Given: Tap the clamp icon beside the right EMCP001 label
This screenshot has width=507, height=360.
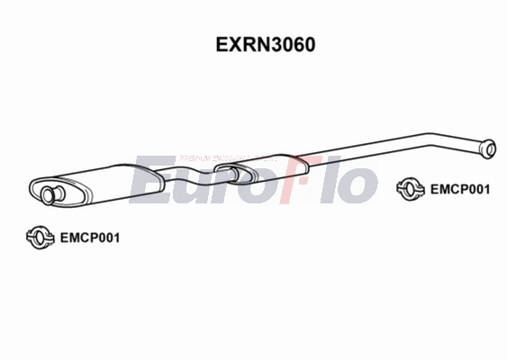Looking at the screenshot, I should (x=412, y=189).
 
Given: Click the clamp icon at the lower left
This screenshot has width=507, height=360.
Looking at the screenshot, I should (x=40, y=238).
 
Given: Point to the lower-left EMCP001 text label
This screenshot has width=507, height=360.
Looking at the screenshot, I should (x=88, y=238).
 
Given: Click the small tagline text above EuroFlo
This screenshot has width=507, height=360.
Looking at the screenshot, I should (x=225, y=157).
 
